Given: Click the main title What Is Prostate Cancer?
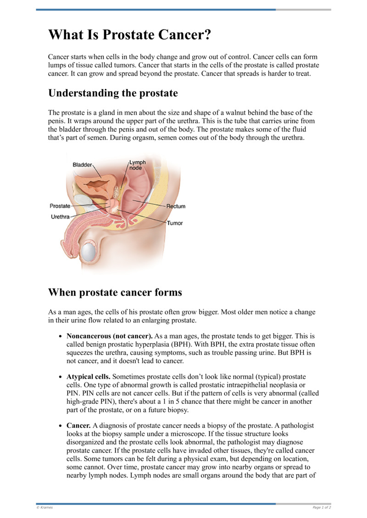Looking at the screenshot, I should [130, 35].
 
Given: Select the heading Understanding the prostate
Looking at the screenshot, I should [113, 93].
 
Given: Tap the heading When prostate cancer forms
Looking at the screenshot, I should [115, 292].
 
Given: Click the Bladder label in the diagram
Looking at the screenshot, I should [83, 164].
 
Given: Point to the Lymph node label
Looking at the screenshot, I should [137, 165].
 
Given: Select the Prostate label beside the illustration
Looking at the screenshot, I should [60, 206].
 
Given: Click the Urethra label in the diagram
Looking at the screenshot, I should [60, 216].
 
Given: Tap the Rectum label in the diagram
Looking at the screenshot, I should [176, 207].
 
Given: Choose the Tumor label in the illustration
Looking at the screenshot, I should [174, 223].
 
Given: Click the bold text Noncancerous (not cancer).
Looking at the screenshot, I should [110, 336].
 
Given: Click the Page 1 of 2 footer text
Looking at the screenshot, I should [322, 507].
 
